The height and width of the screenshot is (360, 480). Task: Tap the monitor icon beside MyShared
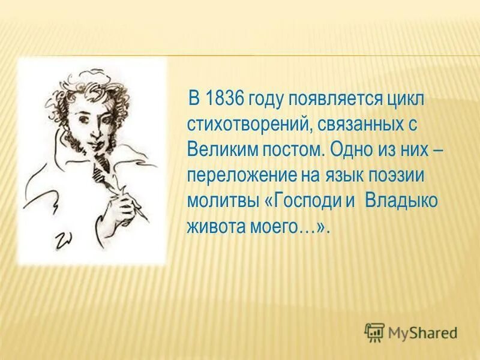click(374, 331)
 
